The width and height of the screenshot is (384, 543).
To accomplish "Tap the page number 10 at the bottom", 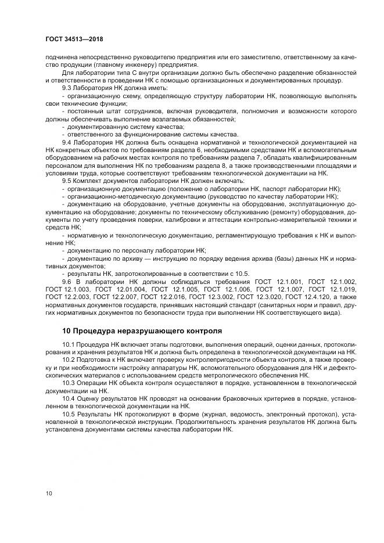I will coord(49,494).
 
